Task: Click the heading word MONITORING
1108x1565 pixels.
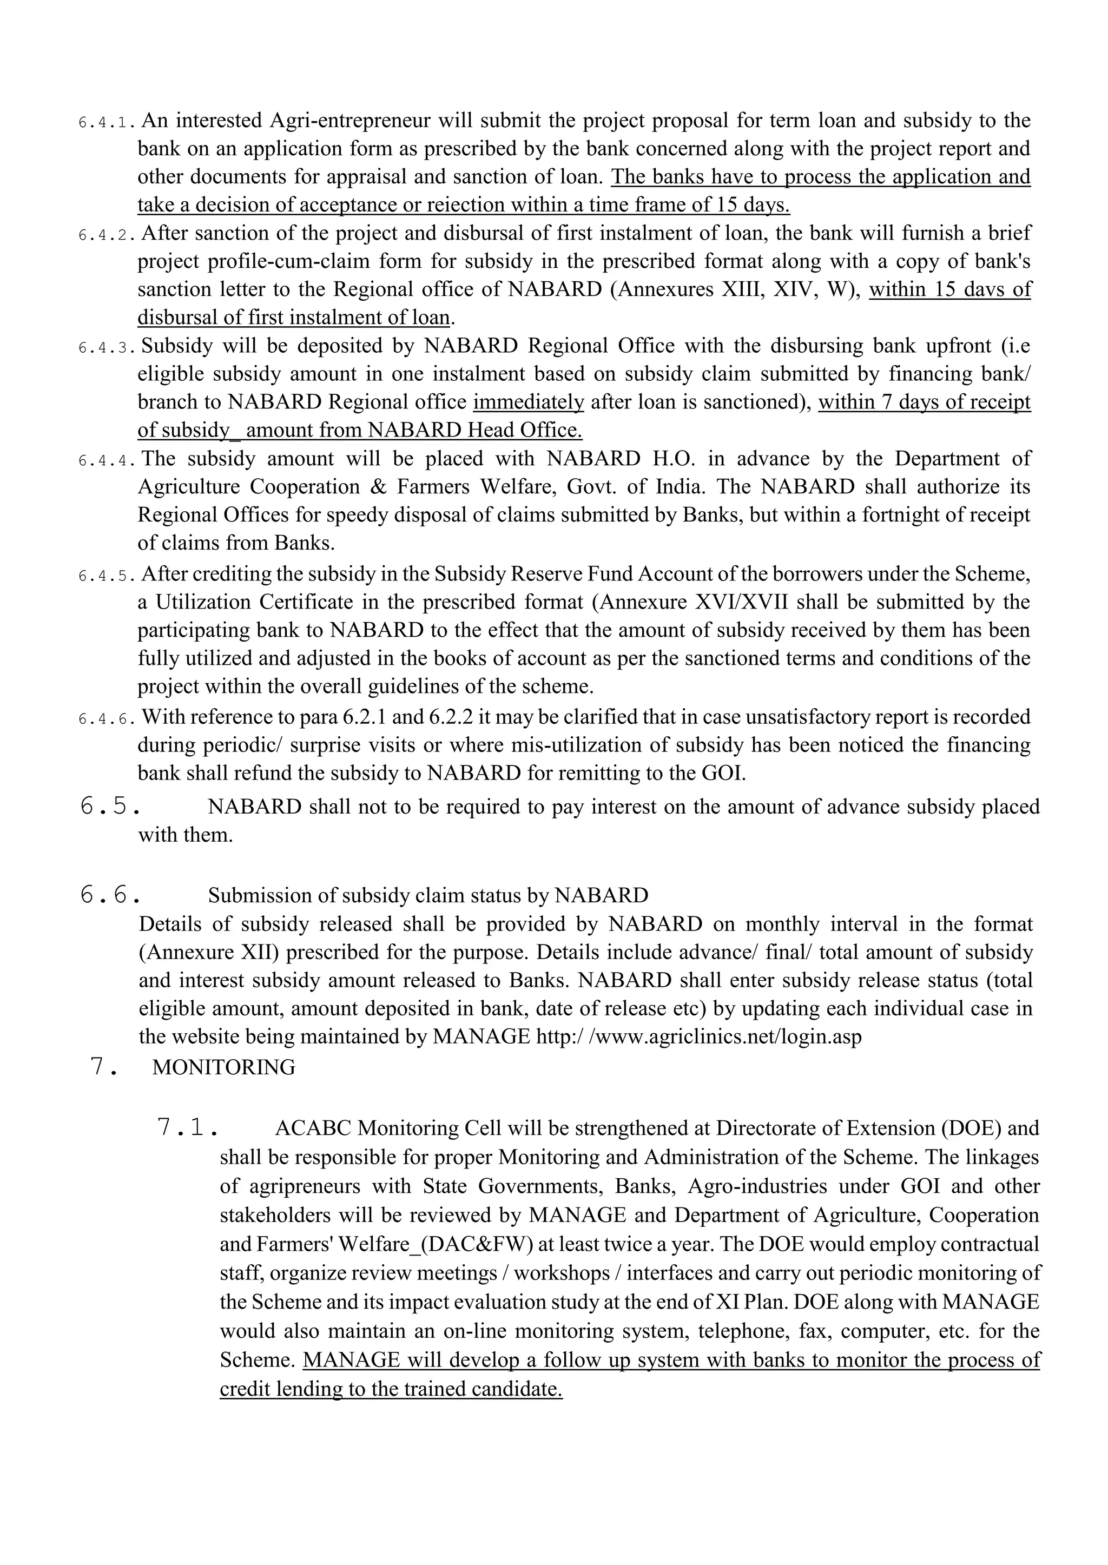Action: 224,1067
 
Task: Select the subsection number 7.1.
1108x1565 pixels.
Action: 187,1128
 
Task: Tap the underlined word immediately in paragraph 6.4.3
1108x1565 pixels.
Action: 529,402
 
